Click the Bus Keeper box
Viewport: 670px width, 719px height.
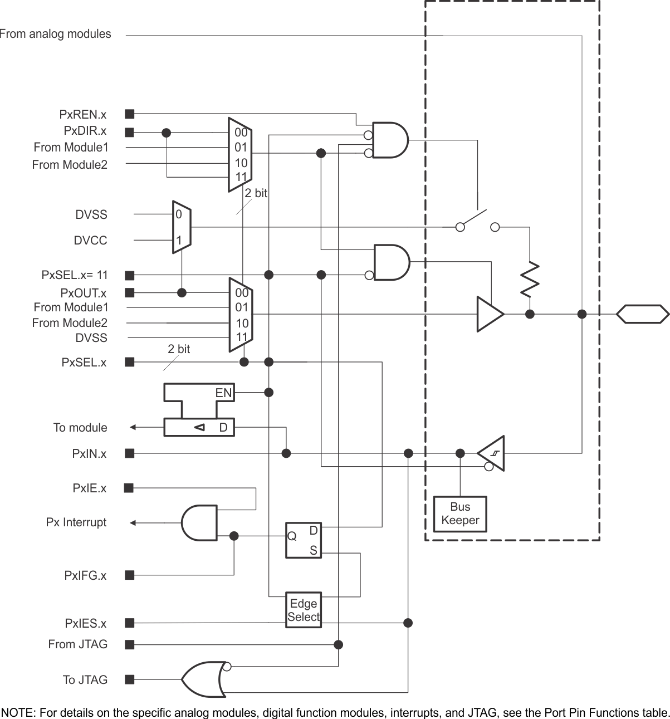tap(460, 513)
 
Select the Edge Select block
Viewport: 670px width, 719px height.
tap(303, 610)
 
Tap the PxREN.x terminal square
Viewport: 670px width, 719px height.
tap(130, 114)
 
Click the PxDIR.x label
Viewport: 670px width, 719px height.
tap(85, 131)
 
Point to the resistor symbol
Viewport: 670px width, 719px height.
tap(530, 279)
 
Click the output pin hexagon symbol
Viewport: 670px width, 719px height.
tap(642, 314)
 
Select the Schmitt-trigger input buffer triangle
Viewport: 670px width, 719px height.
tap(492, 453)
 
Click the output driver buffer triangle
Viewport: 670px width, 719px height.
tap(489, 314)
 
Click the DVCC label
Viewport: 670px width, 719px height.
tap(90, 241)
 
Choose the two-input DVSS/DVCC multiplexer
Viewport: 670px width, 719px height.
tap(182, 227)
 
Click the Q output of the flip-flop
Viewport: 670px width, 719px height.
tap(292, 536)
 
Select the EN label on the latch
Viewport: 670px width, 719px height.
tap(223, 393)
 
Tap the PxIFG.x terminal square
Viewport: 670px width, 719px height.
tap(130, 575)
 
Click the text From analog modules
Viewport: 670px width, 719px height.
tap(55, 34)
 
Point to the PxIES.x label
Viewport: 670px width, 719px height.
tap(85, 623)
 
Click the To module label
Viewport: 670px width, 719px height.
tap(80, 428)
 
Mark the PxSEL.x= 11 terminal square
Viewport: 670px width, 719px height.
tap(130, 275)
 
